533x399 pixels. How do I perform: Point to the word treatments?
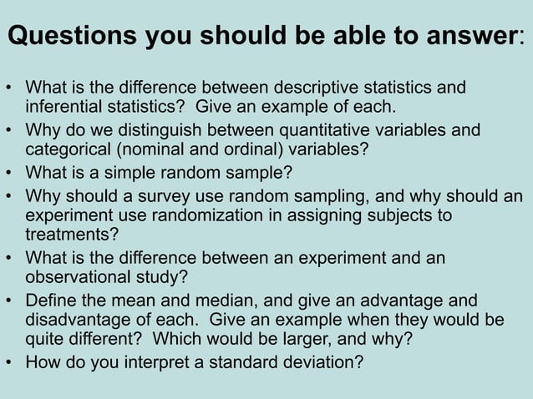coord(72,236)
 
